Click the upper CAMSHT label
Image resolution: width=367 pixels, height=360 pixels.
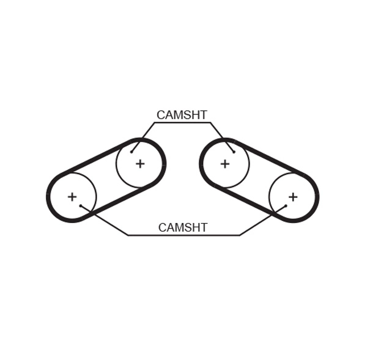coord(182,115)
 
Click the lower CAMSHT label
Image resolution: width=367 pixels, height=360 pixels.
coord(183,227)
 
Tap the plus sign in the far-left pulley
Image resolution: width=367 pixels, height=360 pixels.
coord(72,197)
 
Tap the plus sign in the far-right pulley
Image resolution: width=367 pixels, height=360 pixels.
coord(293,197)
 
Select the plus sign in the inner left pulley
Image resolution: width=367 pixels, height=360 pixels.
coord(140,164)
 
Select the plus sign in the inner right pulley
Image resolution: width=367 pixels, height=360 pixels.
coord(225,164)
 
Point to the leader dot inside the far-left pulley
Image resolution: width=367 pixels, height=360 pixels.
coord(81,206)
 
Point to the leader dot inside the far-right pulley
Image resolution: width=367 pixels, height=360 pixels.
coord(286,206)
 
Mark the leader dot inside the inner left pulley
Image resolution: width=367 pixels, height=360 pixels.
coord(132,152)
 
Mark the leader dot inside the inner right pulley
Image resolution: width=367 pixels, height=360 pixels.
coord(234,152)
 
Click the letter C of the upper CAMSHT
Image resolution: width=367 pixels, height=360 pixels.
coord(161,115)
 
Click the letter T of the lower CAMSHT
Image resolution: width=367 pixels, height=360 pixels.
coord(204,227)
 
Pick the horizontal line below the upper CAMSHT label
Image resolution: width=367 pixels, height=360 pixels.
coord(182,122)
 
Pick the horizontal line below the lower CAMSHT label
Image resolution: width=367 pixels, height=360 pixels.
coord(183,235)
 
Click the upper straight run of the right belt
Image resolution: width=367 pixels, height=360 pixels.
coord(269,156)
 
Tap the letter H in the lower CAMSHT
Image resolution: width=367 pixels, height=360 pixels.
coord(196,227)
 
